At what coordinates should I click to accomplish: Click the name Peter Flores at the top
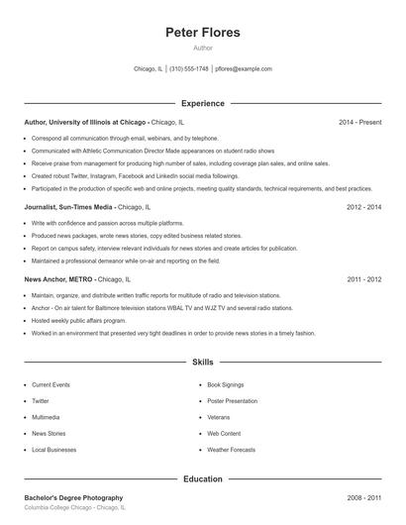[x=203, y=33]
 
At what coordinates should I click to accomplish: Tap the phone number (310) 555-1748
[x=189, y=69]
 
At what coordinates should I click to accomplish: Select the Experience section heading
[x=203, y=103]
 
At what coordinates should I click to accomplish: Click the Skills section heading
[x=203, y=364]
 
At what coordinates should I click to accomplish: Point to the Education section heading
[x=203, y=478]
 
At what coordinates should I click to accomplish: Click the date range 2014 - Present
[x=359, y=122]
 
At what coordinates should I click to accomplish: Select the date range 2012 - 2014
[x=363, y=208]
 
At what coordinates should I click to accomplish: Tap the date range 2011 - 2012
[x=363, y=280]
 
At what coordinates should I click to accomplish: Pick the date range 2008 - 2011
[x=363, y=497]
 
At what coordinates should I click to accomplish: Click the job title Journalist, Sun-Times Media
[x=68, y=208]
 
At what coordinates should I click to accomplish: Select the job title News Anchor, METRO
[x=58, y=280]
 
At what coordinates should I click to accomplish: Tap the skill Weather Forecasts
[x=230, y=451]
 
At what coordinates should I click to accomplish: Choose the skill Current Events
[x=51, y=383]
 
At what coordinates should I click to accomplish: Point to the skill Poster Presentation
[x=231, y=400]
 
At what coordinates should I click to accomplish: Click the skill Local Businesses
[x=53, y=451]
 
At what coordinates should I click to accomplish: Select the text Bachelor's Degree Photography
[x=73, y=497]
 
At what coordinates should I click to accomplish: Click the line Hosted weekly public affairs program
[x=78, y=321]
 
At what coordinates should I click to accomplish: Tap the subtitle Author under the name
[x=203, y=48]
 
